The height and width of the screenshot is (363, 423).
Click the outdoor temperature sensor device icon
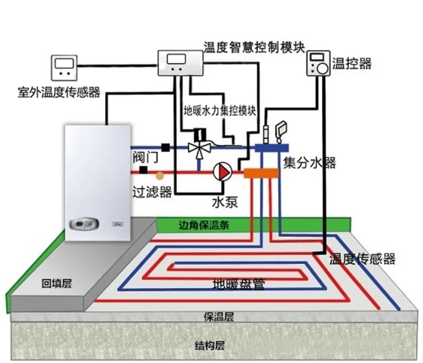tap(64, 67)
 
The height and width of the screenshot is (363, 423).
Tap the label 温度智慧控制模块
tap(254, 47)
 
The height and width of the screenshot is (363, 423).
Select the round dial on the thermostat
tap(322, 68)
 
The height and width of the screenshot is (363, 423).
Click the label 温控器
tap(352, 63)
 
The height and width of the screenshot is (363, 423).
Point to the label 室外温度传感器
tap(59, 92)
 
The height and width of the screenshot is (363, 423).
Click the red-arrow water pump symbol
tap(222, 171)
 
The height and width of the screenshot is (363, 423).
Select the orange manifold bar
tap(261, 173)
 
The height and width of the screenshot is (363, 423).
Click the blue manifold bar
tap(272, 148)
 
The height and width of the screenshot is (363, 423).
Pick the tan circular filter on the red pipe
tap(159, 176)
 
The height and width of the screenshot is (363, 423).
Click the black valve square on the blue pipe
tap(166, 147)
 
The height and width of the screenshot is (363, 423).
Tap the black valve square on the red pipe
tap(144, 170)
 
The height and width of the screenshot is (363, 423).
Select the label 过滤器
tap(152, 192)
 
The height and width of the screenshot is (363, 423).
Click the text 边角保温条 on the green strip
tap(204, 225)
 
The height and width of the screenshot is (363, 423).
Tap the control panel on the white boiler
tap(84, 224)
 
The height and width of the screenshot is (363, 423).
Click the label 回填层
tap(57, 284)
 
